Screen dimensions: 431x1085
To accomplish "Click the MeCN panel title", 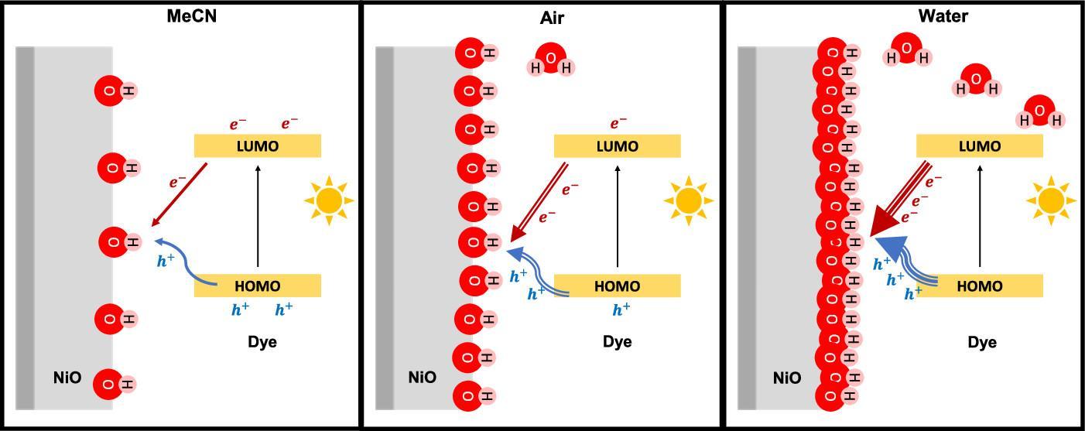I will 191,16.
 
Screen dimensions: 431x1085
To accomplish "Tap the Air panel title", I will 551,17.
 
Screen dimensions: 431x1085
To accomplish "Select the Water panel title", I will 943,16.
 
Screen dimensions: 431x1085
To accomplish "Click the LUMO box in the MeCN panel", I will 257,145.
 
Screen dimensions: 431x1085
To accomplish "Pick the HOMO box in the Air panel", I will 617,286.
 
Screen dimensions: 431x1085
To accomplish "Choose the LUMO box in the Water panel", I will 979,145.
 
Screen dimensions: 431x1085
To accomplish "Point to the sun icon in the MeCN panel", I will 329,201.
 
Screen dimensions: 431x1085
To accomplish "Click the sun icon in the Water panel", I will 1050,201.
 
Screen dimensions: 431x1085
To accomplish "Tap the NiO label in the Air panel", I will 422,378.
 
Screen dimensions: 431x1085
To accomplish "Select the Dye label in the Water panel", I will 982,342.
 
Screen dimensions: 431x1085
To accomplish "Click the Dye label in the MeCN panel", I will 262,342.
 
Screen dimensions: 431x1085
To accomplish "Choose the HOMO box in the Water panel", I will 979,286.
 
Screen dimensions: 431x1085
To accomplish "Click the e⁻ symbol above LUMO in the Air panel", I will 618,123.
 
